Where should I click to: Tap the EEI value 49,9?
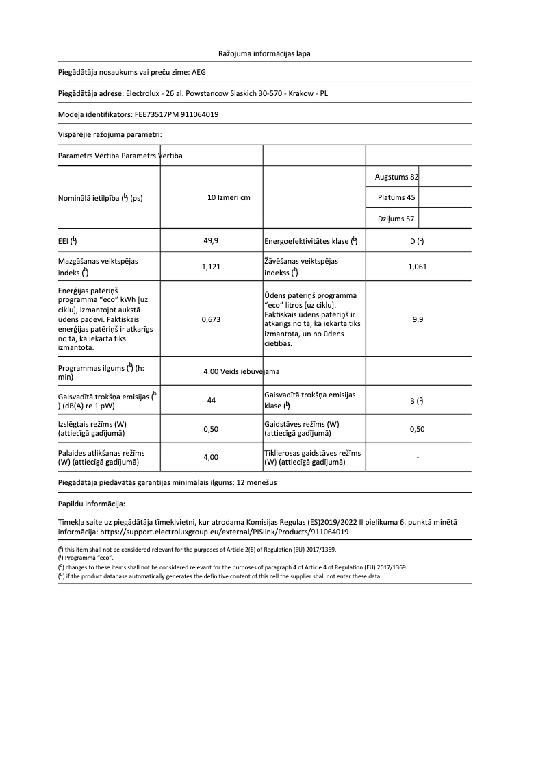(212, 241)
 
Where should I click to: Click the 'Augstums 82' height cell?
(396, 177)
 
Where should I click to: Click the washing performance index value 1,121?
(212, 267)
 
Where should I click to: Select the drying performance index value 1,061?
(417, 267)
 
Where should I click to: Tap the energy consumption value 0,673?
(212, 319)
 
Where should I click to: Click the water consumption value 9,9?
(418, 319)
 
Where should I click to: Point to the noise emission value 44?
(212, 401)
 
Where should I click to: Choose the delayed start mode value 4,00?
(212, 457)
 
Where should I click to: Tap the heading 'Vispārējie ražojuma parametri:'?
(110, 134)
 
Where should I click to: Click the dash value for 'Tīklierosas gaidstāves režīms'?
(418, 457)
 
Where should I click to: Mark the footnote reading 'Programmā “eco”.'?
(85, 558)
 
